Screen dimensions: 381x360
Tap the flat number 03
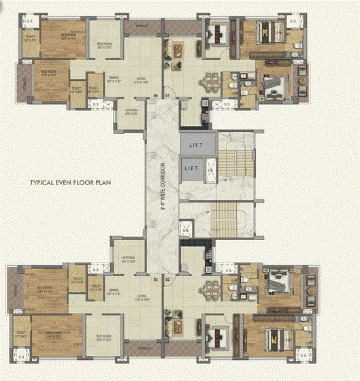click(x=156, y=280)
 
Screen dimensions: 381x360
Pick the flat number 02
click(x=167, y=280)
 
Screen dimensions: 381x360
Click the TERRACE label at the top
click(x=142, y=26)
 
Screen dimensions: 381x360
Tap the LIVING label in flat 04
click(x=141, y=79)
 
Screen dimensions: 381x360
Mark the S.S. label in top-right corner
click(x=292, y=22)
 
